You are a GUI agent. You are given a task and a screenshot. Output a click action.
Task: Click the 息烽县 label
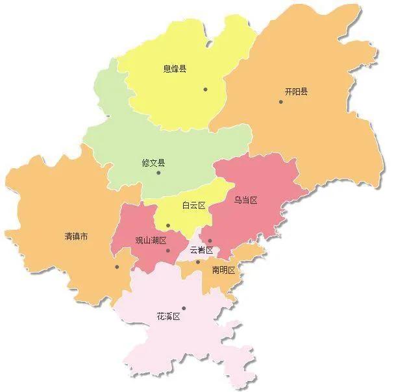tap(174, 69)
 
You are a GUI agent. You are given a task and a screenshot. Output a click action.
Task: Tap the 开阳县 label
tap(296, 92)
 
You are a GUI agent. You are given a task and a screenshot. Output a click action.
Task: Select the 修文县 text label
tap(153, 163)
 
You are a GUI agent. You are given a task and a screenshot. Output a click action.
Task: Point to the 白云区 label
tap(193, 206)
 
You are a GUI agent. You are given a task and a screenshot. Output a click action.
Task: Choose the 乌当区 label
tap(246, 201)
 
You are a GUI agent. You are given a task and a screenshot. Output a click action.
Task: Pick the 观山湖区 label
tap(151, 240)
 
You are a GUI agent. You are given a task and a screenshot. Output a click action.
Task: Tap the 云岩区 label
tap(201, 250)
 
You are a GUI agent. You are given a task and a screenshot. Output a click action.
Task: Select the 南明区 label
tap(223, 269)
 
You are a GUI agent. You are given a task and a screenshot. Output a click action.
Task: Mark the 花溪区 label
tap(167, 317)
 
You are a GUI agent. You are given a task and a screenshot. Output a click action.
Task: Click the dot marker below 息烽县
tap(205, 89)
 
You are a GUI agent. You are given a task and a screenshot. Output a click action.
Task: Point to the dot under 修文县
tap(158, 173)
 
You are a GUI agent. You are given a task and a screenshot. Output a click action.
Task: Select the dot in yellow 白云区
tap(168, 226)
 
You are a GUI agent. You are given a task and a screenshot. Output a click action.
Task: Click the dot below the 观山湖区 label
tap(167, 251)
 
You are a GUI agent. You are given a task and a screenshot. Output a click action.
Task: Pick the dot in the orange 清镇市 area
tap(117, 266)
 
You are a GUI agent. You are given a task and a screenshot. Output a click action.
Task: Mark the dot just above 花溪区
tap(184, 308)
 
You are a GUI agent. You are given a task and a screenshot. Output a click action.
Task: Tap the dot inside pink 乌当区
tap(210, 241)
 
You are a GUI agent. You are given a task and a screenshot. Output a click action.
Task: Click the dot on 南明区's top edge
tap(198, 262)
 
